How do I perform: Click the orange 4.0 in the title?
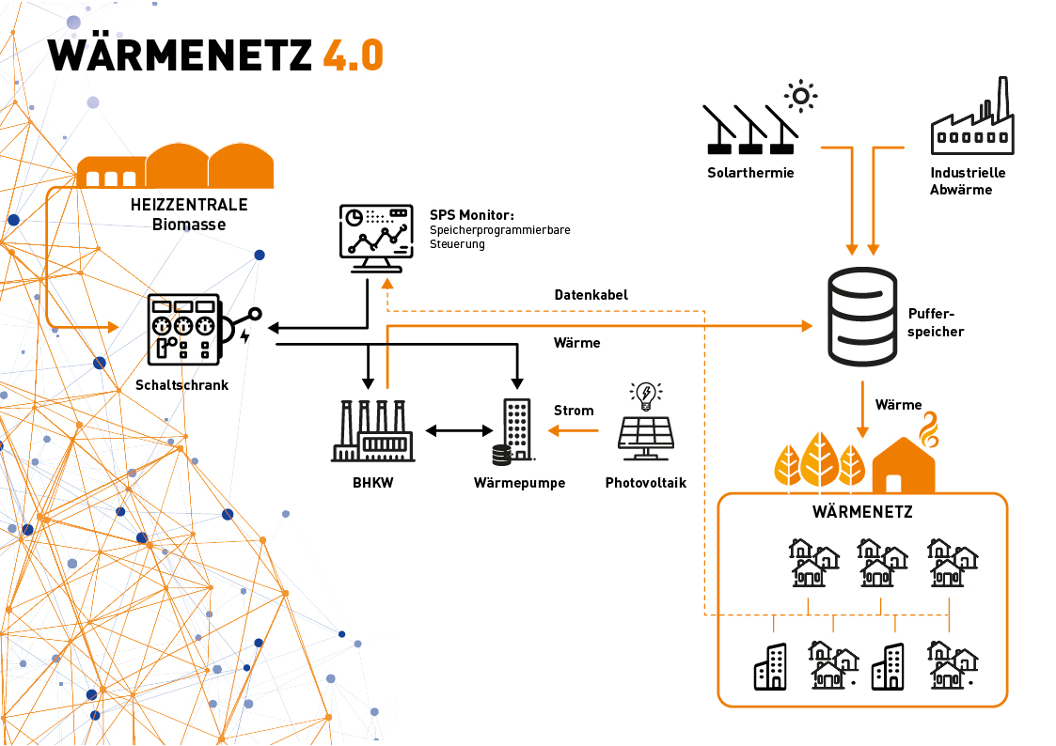pyautogui.click(x=353, y=54)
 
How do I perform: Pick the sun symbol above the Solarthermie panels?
pyautogui.click(x=800, y=95)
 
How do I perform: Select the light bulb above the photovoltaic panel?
pyautogui.click(x=645, y=396)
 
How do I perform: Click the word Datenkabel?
pyautogui.click(x=591, y=295)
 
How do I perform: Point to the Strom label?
pyautogui.click(x=574, y=411)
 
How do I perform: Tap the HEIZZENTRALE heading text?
pyautogui.click(x=190, y=206)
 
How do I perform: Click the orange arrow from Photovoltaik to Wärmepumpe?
pyautogui.click(x=574, y=431)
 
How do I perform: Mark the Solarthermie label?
pyautogui.click(x=750, y=173)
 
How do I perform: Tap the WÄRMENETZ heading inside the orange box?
pyautogui.click(x=862, y=512)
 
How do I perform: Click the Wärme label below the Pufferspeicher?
pyautogui.click(x=898, y=405)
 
